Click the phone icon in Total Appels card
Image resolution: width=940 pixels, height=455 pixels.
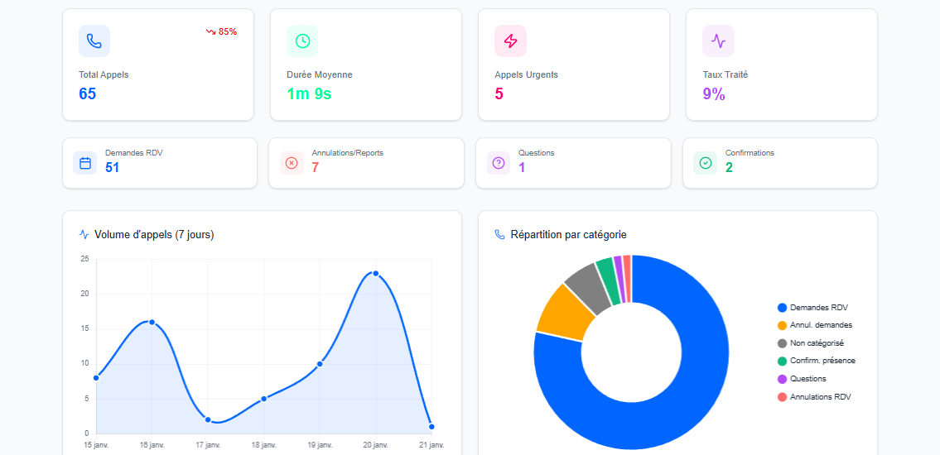(94, 41)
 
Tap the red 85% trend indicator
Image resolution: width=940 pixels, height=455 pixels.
(221, 31)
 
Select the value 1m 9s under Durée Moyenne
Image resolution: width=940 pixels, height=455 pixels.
(309, 93)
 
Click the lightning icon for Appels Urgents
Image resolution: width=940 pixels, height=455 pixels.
(510, 41)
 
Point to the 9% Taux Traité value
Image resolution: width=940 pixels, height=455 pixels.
(713, 93)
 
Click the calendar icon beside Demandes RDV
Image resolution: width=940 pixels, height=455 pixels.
(84, 163)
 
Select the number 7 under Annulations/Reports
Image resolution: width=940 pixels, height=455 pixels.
(315, 167)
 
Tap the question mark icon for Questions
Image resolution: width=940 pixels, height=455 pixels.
(499, 163)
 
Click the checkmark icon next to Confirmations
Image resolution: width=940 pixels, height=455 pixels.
(705, 163)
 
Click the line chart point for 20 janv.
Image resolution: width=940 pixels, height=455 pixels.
(375, 273)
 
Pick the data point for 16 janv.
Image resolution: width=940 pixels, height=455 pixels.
(152, 322)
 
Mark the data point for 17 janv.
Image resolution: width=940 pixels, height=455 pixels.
(208, 419)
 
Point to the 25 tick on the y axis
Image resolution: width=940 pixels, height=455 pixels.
(84, 259)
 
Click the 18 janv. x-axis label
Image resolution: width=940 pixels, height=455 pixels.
(263, 445)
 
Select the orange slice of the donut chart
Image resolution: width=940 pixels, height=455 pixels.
(560, 311)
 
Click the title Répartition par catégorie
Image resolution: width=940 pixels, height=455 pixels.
(568, 235)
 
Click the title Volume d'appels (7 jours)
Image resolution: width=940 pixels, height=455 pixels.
(154, 235)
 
